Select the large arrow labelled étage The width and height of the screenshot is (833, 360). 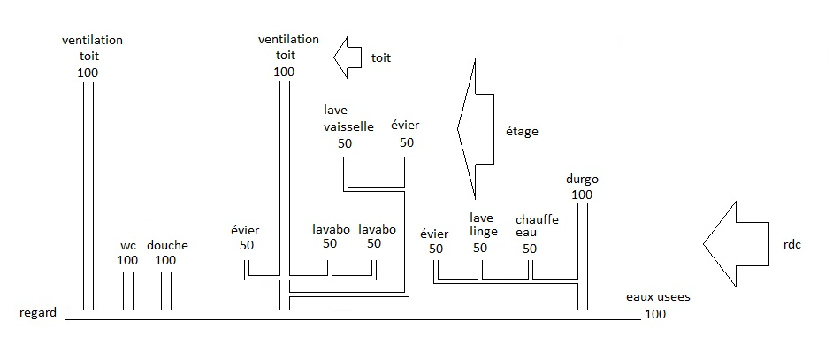[476, 130]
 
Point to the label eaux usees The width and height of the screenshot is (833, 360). [658, 298]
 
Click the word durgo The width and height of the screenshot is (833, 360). [581, 180]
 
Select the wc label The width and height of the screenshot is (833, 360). [127, 245]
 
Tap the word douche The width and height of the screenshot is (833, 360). [167, 245]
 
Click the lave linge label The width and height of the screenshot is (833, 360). [482, 225]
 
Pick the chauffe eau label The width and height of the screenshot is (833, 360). [537, 225]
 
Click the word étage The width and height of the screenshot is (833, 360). [523, 132]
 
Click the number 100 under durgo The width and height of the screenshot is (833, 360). [581, 195]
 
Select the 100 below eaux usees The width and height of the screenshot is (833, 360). [655, 314]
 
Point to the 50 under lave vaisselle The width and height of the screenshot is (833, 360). [346, 142]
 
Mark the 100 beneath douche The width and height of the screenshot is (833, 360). [165, 260]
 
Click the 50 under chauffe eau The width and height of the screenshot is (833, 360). [530, 249]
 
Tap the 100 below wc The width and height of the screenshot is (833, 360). [127, 260]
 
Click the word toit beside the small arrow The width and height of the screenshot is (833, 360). [380, 57]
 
